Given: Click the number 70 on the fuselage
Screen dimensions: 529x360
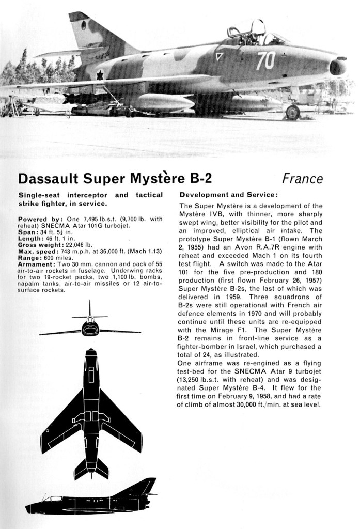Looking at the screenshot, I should click(x=266, y=60).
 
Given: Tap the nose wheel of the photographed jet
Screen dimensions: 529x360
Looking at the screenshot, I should click(x=292, y=112).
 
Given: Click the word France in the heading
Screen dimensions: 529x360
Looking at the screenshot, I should click(x=302, y=179).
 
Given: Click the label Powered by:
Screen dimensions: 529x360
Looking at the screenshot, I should click(x=40, y=220).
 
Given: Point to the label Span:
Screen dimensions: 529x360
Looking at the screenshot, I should click(x=26, y=232).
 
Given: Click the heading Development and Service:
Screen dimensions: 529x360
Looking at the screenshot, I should click(x=229, y=195).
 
